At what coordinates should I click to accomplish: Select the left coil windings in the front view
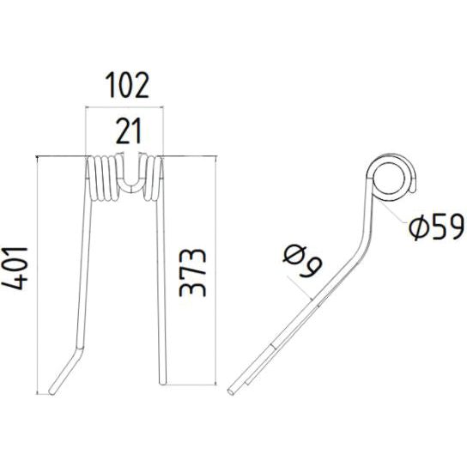click(101, 180)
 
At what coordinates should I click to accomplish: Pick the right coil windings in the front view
click(151, 180)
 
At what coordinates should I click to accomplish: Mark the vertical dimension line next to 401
click(40, 273)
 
